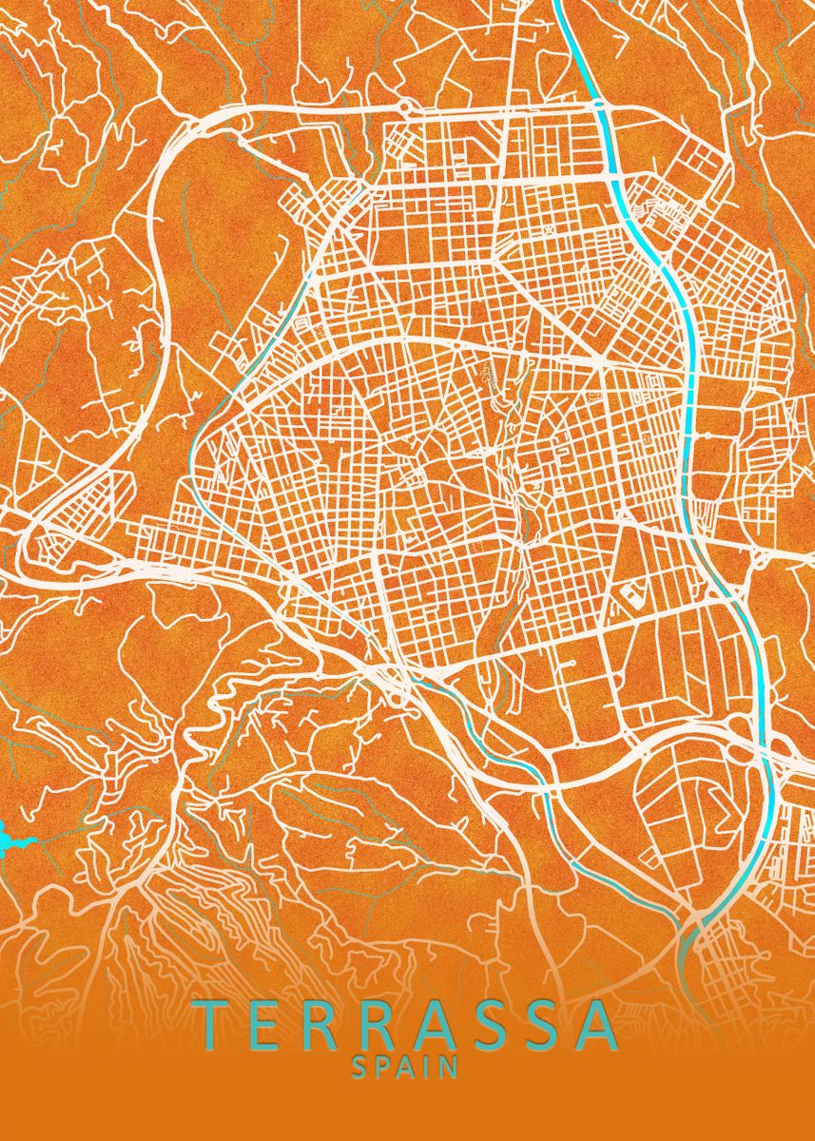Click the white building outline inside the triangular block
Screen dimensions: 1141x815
point(631,596)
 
